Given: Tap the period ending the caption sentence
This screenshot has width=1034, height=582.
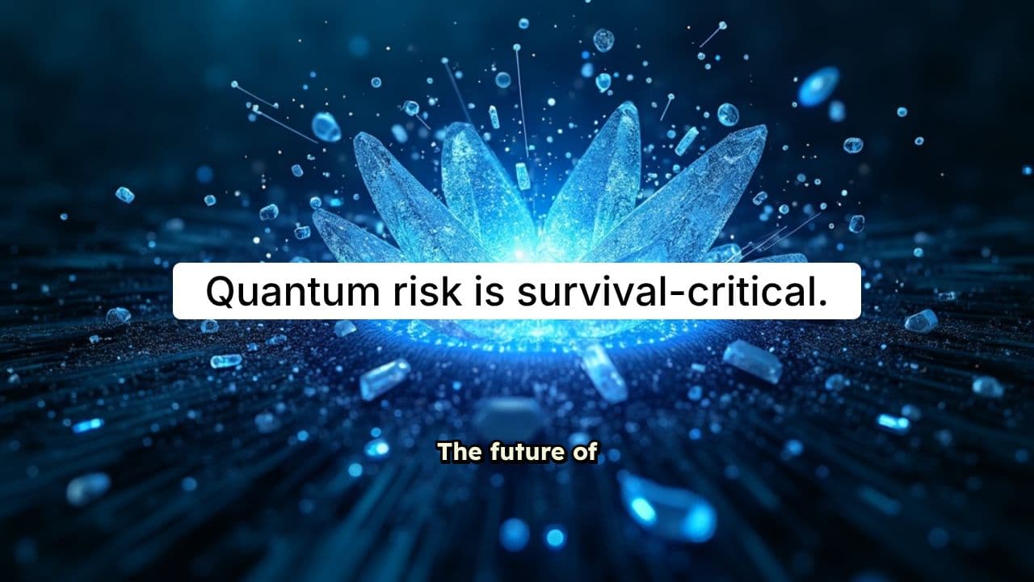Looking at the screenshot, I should (x=822, y=304).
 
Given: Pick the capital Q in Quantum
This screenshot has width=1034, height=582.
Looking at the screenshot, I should (x=222, y=291).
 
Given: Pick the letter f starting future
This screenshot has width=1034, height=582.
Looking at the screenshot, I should (x=494, y=453).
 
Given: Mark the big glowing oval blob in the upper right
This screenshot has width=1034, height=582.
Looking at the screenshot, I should (x=818, y=86).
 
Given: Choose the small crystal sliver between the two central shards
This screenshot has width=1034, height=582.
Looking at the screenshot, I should (x=523, y=175).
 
